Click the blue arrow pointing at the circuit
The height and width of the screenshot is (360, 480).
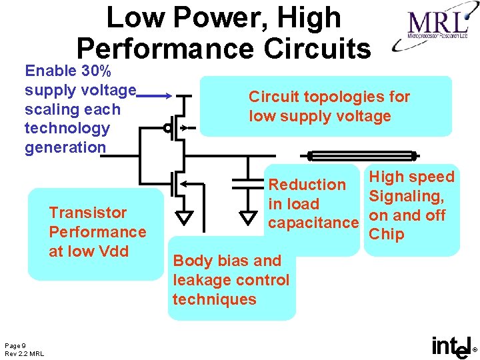coord(157,96)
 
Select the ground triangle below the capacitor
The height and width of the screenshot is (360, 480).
coord(248,218)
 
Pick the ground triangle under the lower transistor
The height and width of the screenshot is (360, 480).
coord(184,218)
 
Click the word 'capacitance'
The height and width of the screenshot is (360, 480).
coord(313,223)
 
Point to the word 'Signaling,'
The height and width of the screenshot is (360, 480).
coord(406,197)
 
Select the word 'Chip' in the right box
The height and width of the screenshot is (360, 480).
coord(387,235)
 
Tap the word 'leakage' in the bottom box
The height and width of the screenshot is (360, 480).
coord(201,280)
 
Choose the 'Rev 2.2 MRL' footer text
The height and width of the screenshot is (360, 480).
coord(24,353)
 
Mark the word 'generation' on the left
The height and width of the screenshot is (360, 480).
coord(65,147)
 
